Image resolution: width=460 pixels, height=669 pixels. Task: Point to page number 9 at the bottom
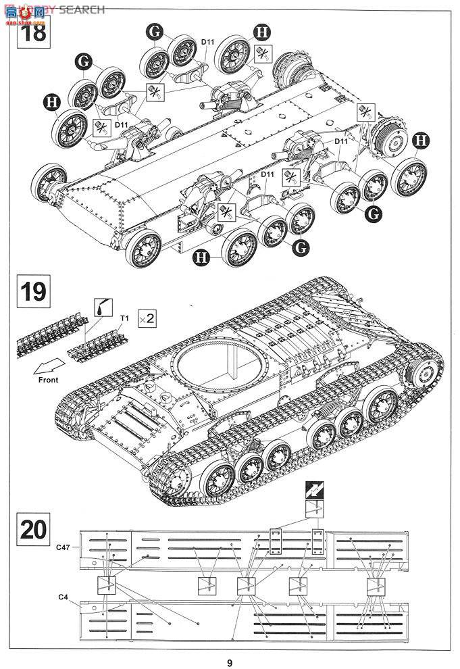point(230,662)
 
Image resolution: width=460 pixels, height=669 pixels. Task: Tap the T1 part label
point(124,318)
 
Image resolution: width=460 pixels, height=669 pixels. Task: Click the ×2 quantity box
point(147,318)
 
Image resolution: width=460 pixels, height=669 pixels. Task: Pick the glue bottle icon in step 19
point(103,306)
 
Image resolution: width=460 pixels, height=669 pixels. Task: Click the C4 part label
point(63,597)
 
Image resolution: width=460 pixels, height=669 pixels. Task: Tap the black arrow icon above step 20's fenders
point(313,491)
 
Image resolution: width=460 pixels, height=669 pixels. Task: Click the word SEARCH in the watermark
point(82,9)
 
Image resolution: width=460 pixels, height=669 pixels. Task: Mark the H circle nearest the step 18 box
point(50,102)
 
